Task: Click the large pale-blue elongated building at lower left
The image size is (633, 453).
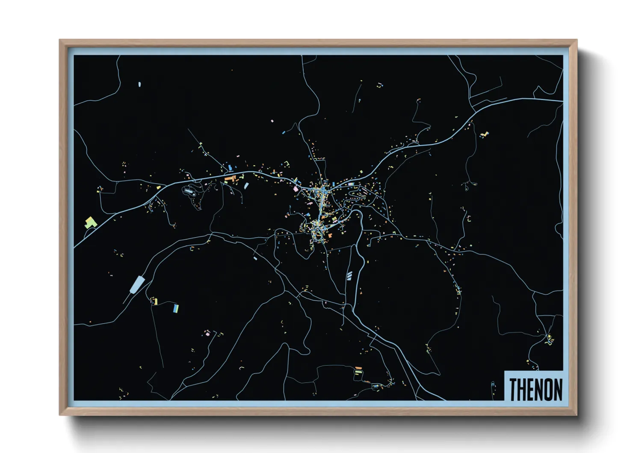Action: tap(137, 284)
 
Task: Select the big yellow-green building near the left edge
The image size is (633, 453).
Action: tap(90, 222)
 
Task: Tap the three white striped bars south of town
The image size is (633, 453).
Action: tap(349, 275)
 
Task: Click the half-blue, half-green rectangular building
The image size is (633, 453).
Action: tap(175, 308)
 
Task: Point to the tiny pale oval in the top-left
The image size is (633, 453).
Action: tap(139, 84)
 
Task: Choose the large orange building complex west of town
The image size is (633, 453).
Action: tap(230, 178)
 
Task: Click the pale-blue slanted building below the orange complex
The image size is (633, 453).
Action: tap(246, 186)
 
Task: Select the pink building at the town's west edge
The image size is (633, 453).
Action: tap(295, 188)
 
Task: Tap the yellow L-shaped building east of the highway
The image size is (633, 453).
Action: tap(484, 134)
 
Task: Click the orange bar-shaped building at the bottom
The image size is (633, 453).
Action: tap(358, 368)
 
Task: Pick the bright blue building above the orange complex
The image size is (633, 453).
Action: tap(230, 167)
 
